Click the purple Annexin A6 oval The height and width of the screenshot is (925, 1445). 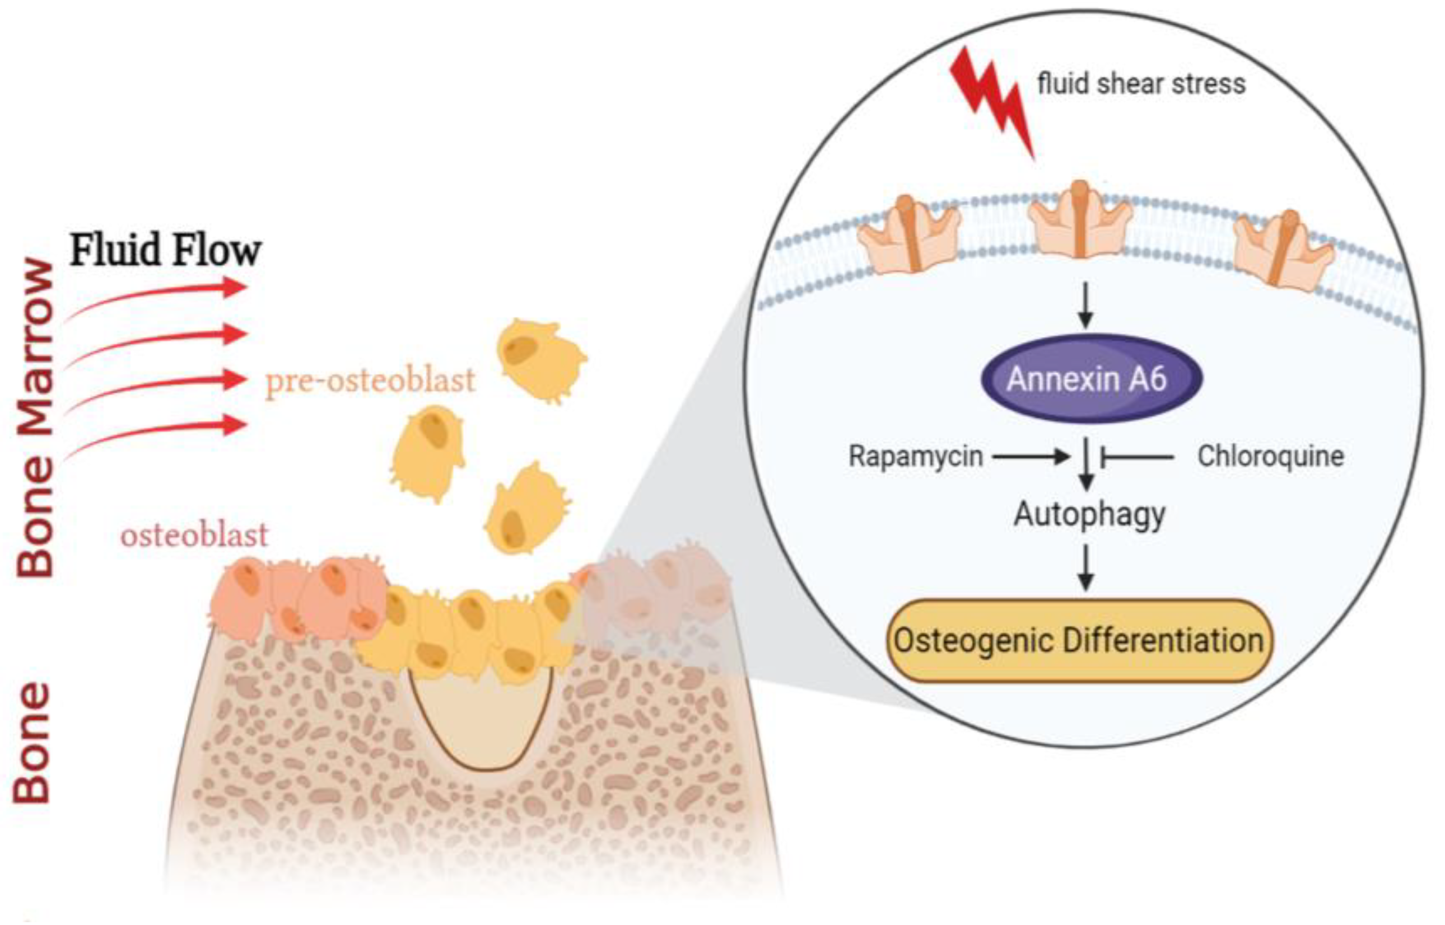(x=1091, y=379)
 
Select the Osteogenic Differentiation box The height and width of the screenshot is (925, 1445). (x=1079, y=641)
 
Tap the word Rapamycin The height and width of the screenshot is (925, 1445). (x=915, y=457)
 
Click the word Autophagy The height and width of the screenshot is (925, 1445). (x=1089, y=515)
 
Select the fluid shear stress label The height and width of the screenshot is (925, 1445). (x=1141, y=83)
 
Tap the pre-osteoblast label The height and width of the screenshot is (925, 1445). (x=370, y=380)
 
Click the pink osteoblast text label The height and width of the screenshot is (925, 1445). (x=194, y=535)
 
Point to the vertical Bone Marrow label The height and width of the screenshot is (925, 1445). (x=35, y=417)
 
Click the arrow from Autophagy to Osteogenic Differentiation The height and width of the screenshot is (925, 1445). (x=1085, y=567)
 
